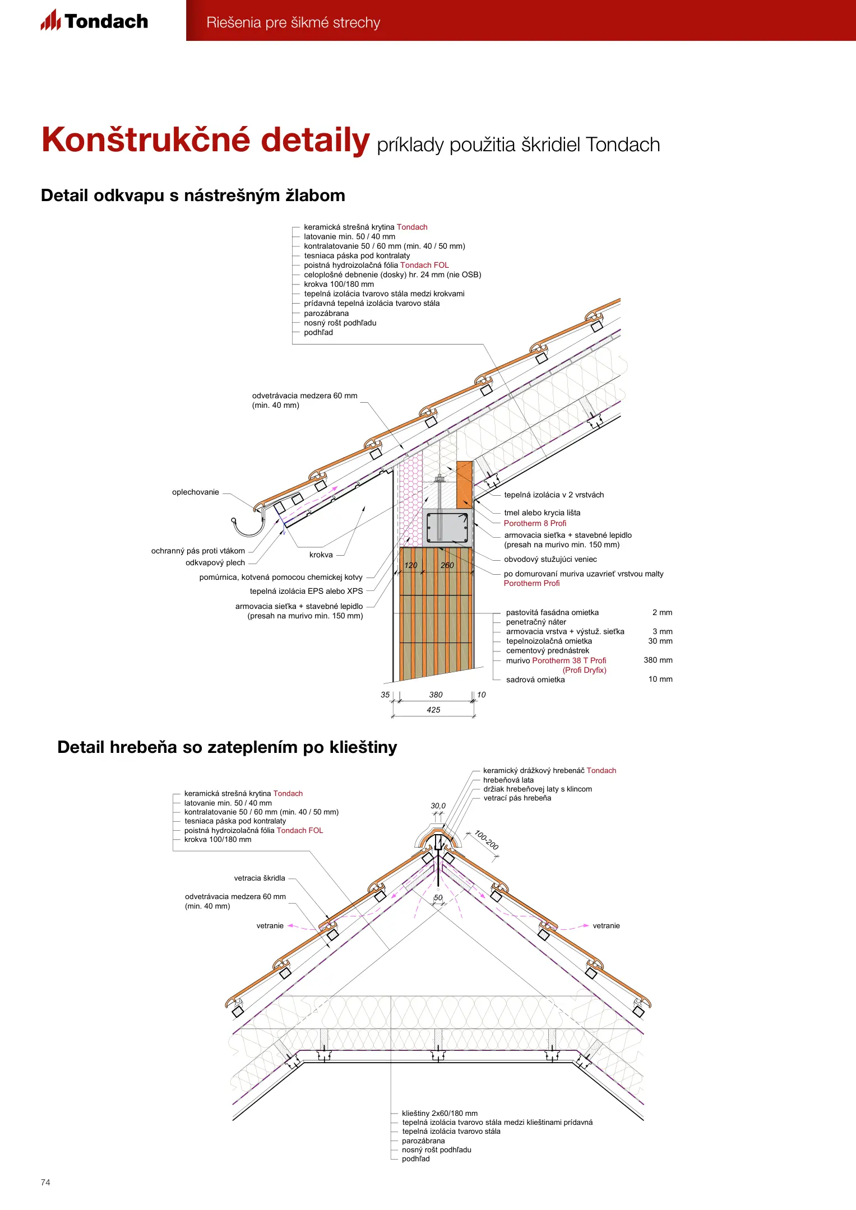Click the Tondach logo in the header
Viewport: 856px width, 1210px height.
94,21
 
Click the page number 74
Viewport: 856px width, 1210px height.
45,1182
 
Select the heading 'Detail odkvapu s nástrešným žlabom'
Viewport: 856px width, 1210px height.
193,196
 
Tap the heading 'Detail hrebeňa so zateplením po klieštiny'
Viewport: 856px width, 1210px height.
227,747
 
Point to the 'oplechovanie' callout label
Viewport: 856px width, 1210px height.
195,492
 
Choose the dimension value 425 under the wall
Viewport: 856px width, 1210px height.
433,710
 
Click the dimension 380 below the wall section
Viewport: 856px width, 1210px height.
436,695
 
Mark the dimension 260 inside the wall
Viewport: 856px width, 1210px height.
447,565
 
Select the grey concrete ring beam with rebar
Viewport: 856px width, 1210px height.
447,527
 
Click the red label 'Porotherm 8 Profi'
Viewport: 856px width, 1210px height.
535,523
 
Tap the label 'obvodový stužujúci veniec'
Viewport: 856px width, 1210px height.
550,559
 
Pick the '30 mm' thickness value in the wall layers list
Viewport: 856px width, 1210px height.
660,641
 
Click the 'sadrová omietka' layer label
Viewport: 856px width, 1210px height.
535,680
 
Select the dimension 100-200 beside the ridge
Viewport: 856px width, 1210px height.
486,840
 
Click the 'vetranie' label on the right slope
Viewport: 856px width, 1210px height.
606,925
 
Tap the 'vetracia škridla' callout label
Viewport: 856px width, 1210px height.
260,878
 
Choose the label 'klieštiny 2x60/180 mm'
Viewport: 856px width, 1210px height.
439,1113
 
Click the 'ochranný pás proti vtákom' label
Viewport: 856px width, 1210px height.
198,551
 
